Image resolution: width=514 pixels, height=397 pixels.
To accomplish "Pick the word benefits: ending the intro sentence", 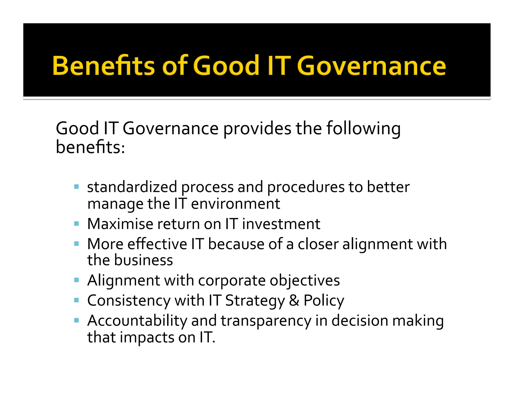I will pyautogui.click(x=90, y=147).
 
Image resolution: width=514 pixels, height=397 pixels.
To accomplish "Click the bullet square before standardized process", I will pyautogui.click(x=77, y=187).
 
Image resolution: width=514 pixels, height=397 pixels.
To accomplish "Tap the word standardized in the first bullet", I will pyautogui.click(x=132, y=187).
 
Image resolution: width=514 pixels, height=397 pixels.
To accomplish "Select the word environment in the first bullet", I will pyautogui.click(x=235, y=204).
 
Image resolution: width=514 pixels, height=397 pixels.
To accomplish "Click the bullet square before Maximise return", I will pyautogui.click(x=77, y=223).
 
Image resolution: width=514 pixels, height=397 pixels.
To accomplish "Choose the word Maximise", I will pyautogui.click(x=120, y=224).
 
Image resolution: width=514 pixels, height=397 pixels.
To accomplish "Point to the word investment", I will pyautogui.click(x=281, y=224).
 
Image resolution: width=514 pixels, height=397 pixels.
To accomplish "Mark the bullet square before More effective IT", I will pyautogui.click(x=77, y=243).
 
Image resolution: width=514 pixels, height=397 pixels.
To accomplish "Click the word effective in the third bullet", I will pyautogui.click(x=157, y=244).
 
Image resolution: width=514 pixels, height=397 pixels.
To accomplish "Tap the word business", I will pyautogui.click(x=144, y=260).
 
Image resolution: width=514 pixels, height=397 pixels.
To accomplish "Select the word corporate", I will pyautogui.click(x=232, y=281).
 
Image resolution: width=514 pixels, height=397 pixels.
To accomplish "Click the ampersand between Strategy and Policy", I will pyautogui.click(x=294, y=301).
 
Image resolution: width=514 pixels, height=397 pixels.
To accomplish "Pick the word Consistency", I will pyautogui.click(x=129, y=301).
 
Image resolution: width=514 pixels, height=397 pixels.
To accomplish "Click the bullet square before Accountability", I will pyautogui.click(x=77, y=320).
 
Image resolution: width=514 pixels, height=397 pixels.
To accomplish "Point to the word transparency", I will pyautogui.click(x=266, y=321).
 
